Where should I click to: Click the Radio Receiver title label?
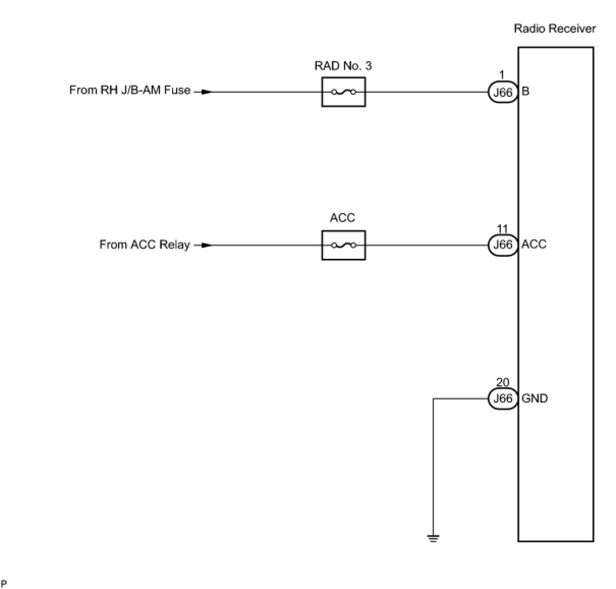tap(554, 29)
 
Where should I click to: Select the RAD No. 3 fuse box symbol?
tap(344, 92)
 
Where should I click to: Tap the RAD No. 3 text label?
tap(343, 66)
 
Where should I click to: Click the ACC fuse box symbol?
tap(344, 245)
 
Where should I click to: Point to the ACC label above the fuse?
tap(343, 218)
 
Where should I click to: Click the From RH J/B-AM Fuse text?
tap(130, 90)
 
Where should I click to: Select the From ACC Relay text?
tap(145, 244)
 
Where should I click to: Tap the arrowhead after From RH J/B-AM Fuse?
tap(207, 92)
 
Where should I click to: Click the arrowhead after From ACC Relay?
tap(207, 245)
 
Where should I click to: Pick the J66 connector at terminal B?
tap(502, 92)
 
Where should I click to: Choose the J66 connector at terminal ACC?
tap(502, 245)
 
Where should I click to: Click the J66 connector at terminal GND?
tap(502, 398)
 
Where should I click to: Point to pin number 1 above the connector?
tap(502, 75)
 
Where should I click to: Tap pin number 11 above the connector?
tap(502, 228)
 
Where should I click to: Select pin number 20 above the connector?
tap(502, 382)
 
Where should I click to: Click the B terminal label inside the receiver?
tap(525, 91)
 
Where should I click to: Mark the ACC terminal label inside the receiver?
tap(534, 244)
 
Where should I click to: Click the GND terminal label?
tap(535, 398)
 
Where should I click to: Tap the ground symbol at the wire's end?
tap(433, 539)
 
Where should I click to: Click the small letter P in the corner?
tap(4, 583)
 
